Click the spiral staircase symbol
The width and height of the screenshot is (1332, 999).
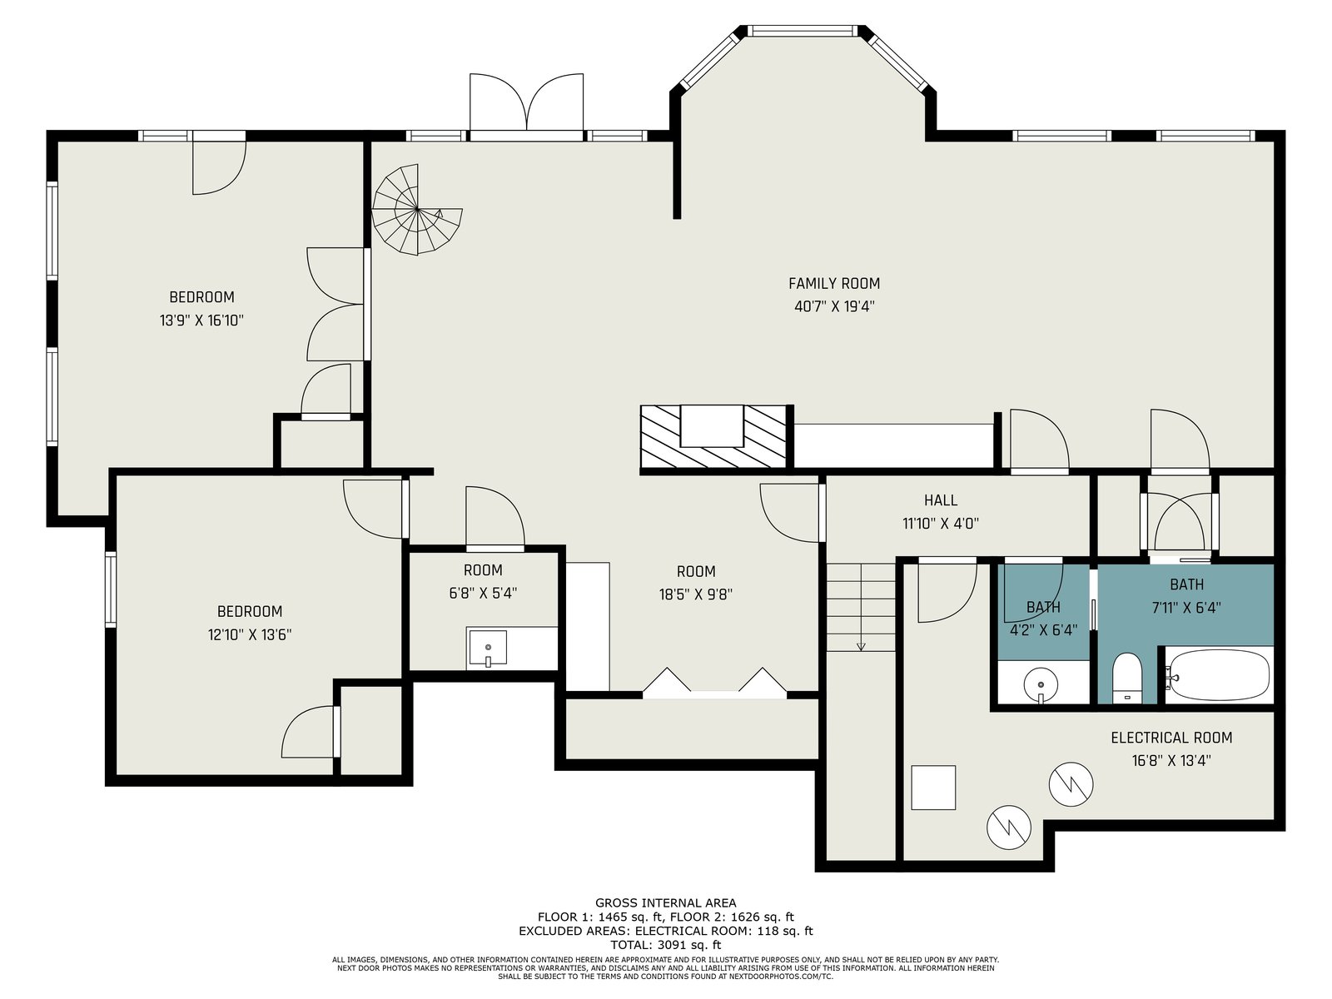(x=417, y=209)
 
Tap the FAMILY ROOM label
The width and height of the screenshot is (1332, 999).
(x=834, y=283)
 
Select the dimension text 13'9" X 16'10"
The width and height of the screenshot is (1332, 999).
(x=201, y=321)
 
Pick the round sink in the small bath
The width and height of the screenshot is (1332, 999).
(x=1041, y=685)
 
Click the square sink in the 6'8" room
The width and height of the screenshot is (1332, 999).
(x=487, y=647)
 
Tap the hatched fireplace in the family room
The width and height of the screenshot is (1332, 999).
(x=713, y=436)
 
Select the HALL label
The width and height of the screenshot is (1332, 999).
(x=941, y=500)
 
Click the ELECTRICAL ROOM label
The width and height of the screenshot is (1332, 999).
(x=1171, y=738)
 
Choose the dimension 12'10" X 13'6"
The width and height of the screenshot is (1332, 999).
(x=250, y=635)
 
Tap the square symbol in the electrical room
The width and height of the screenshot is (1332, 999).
(x=933, y=788)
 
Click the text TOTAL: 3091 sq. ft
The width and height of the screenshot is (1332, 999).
(x=666, y=944)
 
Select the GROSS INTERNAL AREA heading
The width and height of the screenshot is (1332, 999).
(x=666, y=903)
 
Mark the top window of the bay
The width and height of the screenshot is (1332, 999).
(x=803, y=31)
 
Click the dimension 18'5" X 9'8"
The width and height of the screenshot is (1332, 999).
(x=696, y=594)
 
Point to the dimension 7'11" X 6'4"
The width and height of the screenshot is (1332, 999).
(x=1186, y=608)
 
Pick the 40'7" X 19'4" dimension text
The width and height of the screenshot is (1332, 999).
(x=834, y=306)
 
